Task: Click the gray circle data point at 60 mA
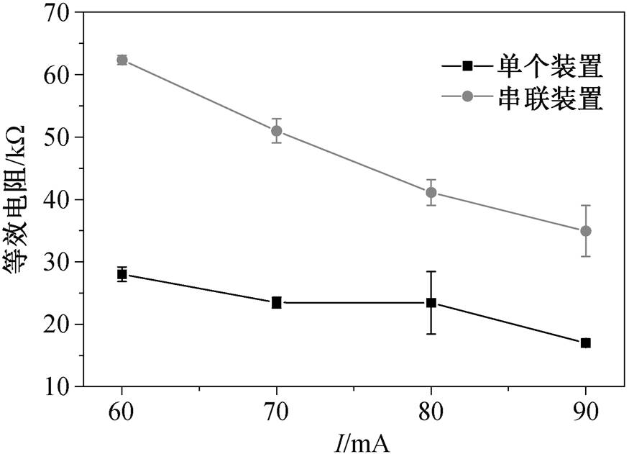point(122,60)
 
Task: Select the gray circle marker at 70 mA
point(276,131)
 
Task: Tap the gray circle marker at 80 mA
point(431,193)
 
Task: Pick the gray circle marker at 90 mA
point(586,231)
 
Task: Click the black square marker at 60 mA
point(122,275)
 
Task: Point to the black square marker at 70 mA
point(276,303)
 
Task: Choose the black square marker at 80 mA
point(431,303)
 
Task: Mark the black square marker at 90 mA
point(586,342)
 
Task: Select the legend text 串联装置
point(550,98)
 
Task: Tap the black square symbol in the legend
point(467,65)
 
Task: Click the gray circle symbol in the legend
point(467,96)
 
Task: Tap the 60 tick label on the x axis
point(121,411)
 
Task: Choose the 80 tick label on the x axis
point(431,411)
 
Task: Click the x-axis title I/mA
point(362,442)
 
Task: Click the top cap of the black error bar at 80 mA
point(431,272)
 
